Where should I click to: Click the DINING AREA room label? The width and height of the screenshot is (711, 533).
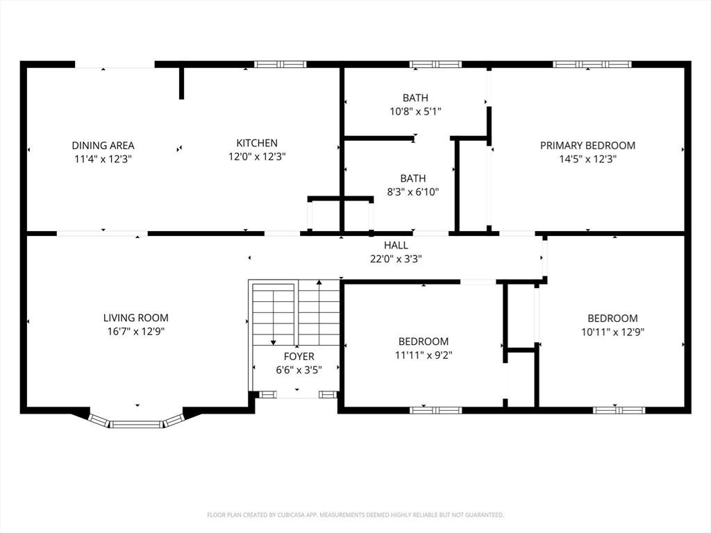point(103,146)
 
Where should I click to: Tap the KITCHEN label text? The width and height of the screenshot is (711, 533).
point(257,143)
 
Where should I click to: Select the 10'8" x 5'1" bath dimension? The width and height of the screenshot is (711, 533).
point(415,111)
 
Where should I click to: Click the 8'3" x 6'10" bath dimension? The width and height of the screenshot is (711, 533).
point(412,192)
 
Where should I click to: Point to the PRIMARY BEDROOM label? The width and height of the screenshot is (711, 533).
point(587,146)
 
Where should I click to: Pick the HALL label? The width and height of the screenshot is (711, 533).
point(396,245)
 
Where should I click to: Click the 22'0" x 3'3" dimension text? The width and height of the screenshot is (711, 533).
point(396,259)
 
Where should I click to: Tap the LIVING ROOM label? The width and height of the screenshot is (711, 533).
point(135,318)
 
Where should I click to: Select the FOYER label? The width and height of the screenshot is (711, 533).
point(299,356)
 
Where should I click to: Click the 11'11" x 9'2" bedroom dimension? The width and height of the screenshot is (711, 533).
point(424,355)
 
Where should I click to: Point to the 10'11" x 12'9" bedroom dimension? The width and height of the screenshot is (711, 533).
point(612,332)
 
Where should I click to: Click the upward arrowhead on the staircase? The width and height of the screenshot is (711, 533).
point(319,282)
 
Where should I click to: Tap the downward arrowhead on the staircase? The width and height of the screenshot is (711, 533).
point(274,343)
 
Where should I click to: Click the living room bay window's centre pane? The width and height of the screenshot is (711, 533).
point(137,425)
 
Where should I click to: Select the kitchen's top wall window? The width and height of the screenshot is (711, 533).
point(281,65)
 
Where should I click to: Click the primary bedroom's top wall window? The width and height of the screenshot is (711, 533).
point(592,65)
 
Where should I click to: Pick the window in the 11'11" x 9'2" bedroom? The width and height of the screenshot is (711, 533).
point(436,410)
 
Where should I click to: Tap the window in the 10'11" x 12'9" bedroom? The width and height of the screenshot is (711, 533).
point(619,410)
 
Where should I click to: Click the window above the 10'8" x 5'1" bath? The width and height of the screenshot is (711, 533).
point(436,65)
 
